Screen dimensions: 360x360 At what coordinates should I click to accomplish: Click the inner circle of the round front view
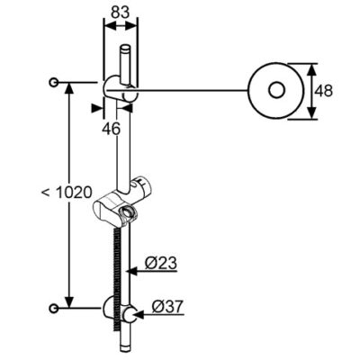click(275, 90)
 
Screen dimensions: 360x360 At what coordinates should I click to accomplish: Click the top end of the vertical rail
click(128, 46)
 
